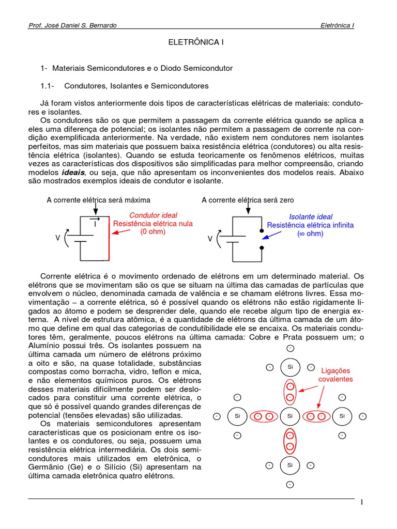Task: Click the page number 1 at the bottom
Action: point(362,502)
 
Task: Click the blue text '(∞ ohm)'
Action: point(310,234)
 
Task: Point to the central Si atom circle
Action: point(290,416)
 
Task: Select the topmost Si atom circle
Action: point(290,367)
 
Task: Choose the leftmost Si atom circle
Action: point(237,416)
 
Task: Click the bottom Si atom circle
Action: point(290,465)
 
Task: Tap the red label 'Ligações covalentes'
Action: point(335,375)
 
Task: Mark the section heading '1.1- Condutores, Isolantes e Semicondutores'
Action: point(124,86)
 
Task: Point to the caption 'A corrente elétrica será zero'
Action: point(248,200)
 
